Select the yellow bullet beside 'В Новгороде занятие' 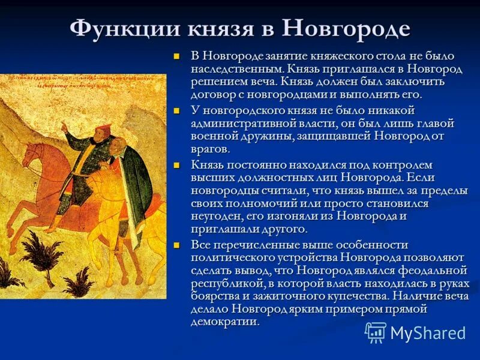[176, 56]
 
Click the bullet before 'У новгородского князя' [176, 111]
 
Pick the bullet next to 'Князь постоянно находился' [176, 165]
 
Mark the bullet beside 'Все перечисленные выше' [176, 245]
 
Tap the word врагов [209, 149]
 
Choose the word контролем [403, 164]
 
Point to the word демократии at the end [225, 322]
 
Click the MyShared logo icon [376, 332]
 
